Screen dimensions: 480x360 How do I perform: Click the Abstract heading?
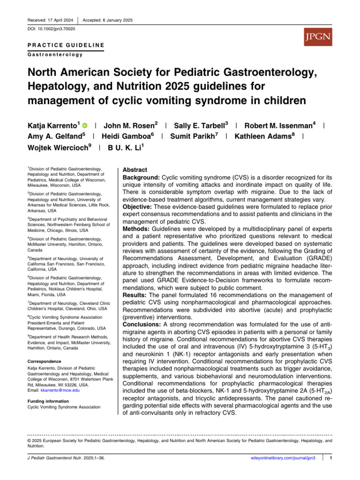pyautogui.click(x=135, y=170)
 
